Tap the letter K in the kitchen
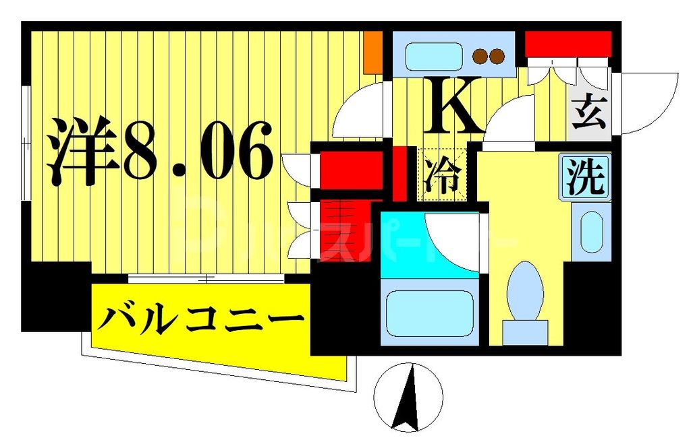point(453,108)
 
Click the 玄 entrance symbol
point(589,115)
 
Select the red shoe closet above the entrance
point(568,44)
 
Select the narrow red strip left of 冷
point(399,173)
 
